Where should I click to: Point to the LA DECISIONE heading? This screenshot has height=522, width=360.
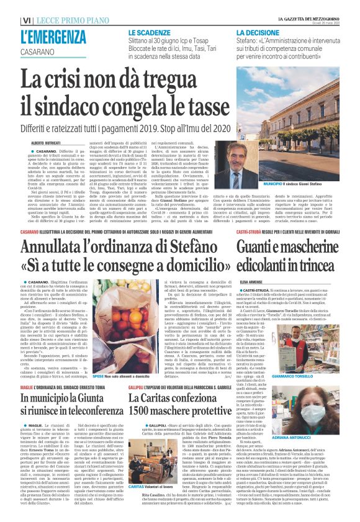click(x=259, y=31)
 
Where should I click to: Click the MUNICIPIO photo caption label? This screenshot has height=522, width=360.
click(x=256, y=202)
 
